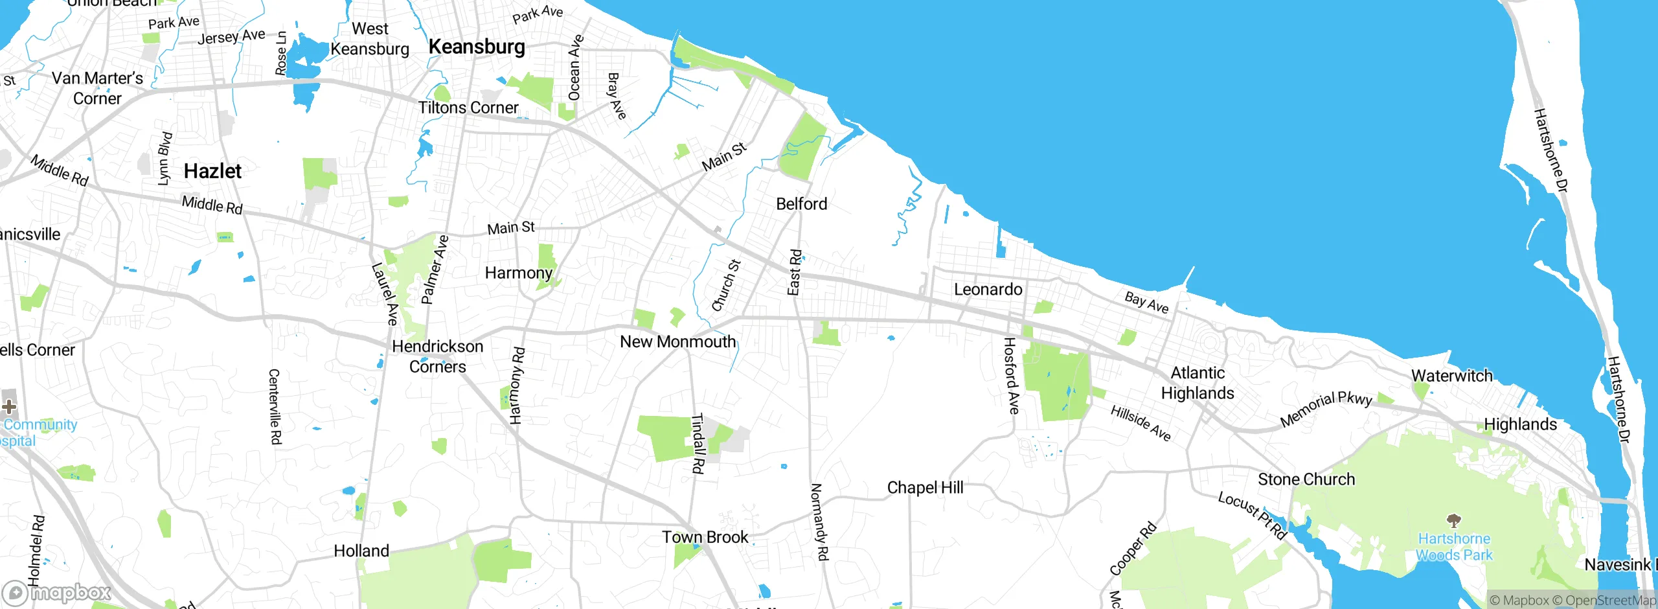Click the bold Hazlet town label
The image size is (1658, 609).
coord(212,171)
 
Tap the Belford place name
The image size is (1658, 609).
coord(802,204)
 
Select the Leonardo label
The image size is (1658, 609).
coord(988,290)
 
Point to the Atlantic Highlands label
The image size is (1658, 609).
coord(1198,383)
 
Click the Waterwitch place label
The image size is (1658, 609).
coord(1451,376)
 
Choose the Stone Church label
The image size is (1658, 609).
coord(1306,479)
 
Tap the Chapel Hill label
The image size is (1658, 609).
coord(925,487)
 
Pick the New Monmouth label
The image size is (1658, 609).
coord(678,341)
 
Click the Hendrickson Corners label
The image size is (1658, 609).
coord(438,356)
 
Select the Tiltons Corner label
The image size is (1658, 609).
coord(468,108)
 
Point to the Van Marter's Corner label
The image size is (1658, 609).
coord(97,88)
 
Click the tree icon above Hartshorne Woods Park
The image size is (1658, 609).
coord(1454,520)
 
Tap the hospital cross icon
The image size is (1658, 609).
coord(9,406)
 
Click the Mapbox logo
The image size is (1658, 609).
coord(57,593)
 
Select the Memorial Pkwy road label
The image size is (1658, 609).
coord(1326,409)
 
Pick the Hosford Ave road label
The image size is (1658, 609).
coord(1010,376)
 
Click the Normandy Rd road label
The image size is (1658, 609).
coord(819,522)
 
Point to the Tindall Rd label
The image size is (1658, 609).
coord(698,444)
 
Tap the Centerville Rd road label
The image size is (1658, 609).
coord(275,407)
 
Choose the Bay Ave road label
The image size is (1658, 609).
coord(1146,303)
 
